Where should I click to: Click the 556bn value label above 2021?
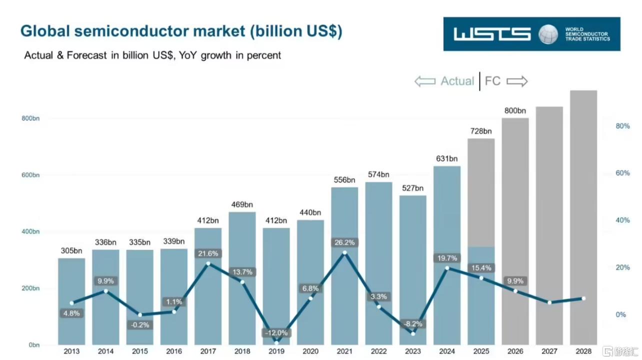tap(344, 180)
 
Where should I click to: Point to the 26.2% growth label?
tap(344, 242)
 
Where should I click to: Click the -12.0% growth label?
tap(276, 332)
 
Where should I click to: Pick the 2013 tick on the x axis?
tap(71, 351)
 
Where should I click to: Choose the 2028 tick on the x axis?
tap(583, 351)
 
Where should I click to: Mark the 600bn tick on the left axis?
tap(30, 175)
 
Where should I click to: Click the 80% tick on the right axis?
tap(622, 126)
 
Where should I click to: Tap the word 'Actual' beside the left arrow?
tap(457, 81)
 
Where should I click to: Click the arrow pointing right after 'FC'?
tap(517, 81)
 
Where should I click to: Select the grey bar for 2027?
tap(549, 225)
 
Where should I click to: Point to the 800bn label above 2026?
tap(515, 110)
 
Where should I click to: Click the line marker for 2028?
tap(583, 298)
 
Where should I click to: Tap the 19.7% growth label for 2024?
tap(446, 258)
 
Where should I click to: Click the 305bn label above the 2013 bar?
tap(71, 250)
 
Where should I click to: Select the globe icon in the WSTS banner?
tap(548, 34)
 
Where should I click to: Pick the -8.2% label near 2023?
tap(412, 323)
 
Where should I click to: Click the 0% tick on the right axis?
tap(620, 314)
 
